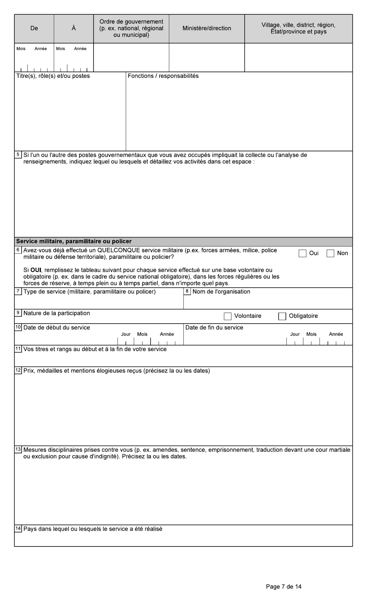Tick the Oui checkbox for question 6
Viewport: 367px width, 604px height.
302,253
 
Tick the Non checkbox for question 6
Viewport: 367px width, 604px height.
330,253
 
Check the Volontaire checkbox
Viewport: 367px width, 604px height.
228,316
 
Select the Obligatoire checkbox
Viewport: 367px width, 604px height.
282,316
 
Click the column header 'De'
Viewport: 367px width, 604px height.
34,28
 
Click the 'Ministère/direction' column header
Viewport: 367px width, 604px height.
207,28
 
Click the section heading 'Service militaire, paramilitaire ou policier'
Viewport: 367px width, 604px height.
74,241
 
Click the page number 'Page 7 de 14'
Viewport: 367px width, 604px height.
284,587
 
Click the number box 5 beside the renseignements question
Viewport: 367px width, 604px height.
18,155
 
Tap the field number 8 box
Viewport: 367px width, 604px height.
187,292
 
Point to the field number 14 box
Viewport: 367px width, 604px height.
18,529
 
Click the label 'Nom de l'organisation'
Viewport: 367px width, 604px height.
221,292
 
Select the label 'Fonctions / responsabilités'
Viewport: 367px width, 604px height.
163,76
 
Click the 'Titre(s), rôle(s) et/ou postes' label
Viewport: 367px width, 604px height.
53,76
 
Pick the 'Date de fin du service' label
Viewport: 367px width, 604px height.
214,327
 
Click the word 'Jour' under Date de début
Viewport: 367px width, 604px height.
126,334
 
